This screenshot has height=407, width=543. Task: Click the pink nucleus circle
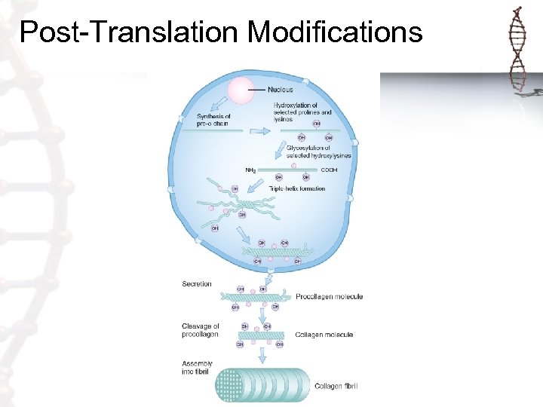click(x=242, y=90)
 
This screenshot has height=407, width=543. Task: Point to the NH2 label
click(x=251, y=170)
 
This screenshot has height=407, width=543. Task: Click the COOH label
click(x=330, y=170)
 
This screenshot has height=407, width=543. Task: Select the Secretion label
click(x=197, y=284)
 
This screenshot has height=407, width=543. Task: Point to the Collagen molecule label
click(x=324, y=335)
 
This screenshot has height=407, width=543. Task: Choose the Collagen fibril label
click(x=336, y=387)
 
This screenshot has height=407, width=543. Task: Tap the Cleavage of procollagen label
click(x=201, y=330)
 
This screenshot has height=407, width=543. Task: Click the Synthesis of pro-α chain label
click(x=213, y=121)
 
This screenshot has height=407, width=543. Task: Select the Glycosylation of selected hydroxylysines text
click(x=317, y=151)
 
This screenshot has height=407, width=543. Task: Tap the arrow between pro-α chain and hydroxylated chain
click(x=258, y=130)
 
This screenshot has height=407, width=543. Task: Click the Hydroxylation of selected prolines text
click(x=302, y=112)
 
